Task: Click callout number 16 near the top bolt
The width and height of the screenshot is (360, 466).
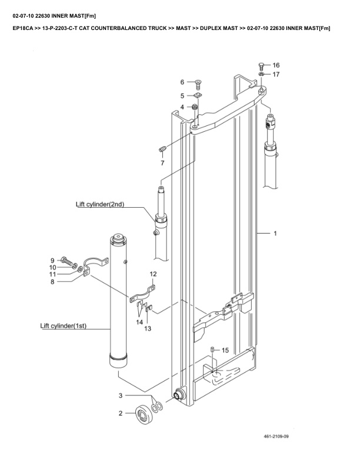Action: [276, 65]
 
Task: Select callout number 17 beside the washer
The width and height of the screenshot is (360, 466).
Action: [276, 75]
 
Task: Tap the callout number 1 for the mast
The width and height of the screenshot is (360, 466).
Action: [275, 234]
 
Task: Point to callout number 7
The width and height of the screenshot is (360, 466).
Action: [162, 162]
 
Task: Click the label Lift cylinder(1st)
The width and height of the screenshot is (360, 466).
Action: [63, 325]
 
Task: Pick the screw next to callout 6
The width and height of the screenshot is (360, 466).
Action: [198, 82]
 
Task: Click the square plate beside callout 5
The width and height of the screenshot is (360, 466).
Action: [198, 95]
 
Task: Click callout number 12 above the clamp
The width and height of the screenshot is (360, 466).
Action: [153, 274]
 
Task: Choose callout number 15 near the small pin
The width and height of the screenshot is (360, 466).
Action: [225, 350]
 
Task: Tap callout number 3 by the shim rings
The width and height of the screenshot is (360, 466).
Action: [121, 395]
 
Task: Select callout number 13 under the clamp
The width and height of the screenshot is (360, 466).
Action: [148, 328]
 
